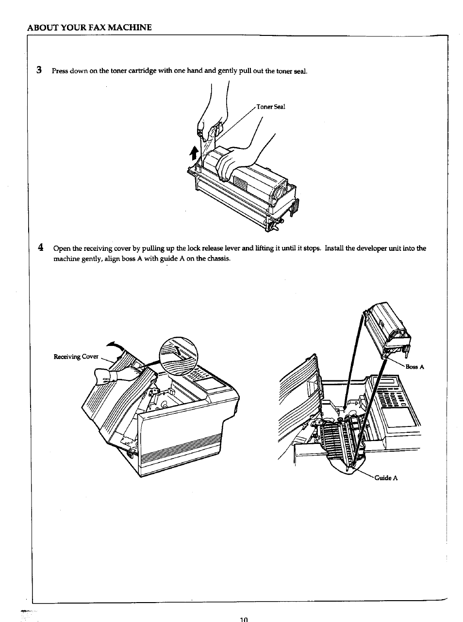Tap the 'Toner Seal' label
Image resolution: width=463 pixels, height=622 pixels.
pos(271,107)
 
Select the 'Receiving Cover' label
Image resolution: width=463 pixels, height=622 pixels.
pos(76,357)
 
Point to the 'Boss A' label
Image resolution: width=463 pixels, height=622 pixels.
pos(415,367)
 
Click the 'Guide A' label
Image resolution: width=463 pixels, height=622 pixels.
pos(386,478)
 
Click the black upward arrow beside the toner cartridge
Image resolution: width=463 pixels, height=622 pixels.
pos(194,153)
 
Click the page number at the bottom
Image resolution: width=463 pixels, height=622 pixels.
pos(244,619)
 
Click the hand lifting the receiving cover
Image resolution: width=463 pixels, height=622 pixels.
pos(121,375)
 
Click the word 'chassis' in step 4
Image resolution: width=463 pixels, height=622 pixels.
pos(218,258)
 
